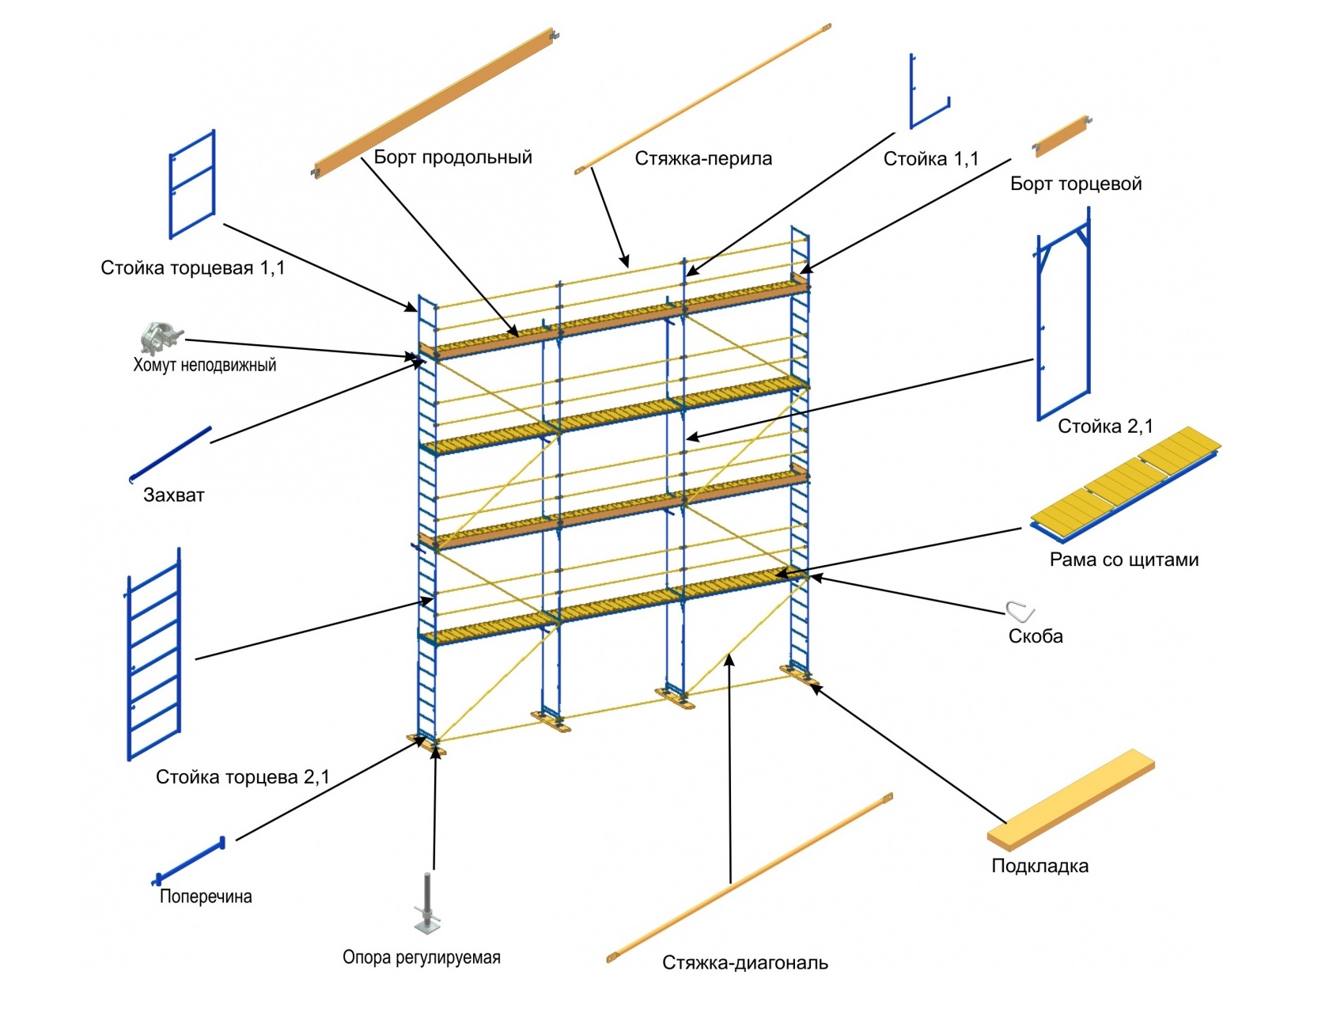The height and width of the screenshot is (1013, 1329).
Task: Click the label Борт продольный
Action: [452, 157]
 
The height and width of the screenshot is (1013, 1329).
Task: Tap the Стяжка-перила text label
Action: [703, 158]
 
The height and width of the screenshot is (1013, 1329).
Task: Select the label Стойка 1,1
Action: [930, 159]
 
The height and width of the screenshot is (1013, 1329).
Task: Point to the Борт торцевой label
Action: [1076, 184]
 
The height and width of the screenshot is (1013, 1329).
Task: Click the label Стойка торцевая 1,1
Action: [192, 267]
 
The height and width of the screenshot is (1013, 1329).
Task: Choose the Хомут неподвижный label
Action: [204, 365]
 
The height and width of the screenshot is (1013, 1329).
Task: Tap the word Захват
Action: [173, 495]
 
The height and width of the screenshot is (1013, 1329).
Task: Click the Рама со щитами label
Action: [1123, 560]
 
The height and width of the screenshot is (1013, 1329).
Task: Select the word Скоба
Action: [1035, 635]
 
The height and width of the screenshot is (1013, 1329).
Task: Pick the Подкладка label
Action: [1039, 865]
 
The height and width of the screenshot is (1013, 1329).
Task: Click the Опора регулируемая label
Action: [421, 957]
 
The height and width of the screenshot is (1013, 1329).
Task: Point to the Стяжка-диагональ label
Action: [744, 962]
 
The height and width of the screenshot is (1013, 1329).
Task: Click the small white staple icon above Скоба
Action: [1020, 611]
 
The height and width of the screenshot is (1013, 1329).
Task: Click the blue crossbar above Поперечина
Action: [190, 859]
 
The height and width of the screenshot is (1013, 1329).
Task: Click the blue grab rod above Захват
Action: [171, 453]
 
